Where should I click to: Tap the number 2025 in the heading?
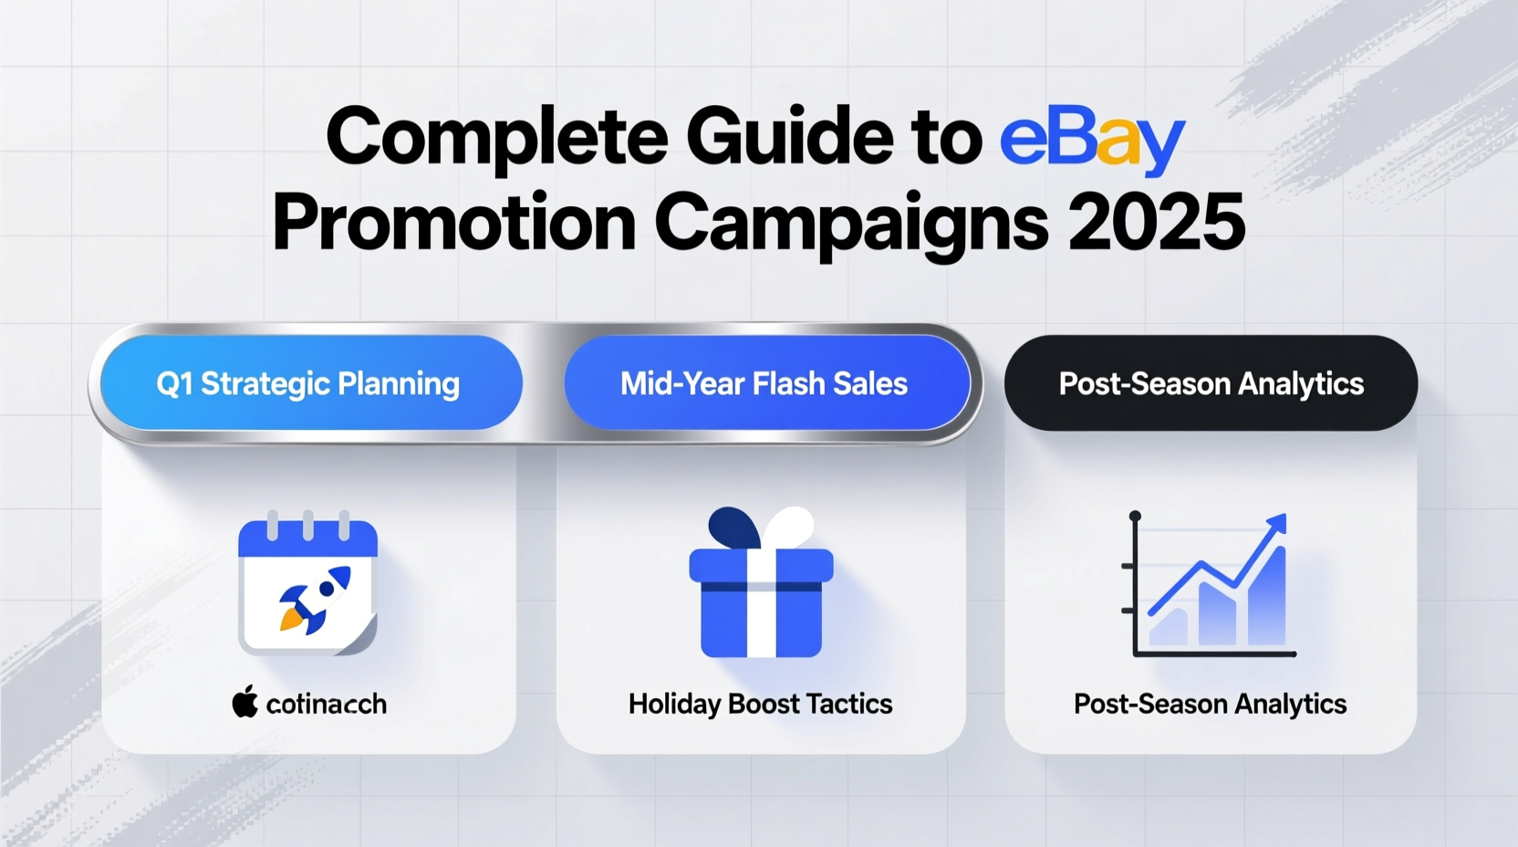(x=1156, y=223)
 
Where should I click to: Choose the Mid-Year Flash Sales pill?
(x=764, y=383)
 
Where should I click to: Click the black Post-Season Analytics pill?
(x=1211, y=383)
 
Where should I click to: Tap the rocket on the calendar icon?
(x=316, y=599)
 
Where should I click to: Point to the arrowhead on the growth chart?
(x=1278, y=524)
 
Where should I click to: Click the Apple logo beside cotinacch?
(x=244, y=703)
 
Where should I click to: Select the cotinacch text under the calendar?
(x=327, y=705)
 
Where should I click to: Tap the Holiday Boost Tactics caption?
(x=760, y=705)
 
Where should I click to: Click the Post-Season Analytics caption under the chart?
(x=1210, y=705)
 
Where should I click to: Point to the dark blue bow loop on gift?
(x=733, y=527)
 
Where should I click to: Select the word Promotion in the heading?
(x=454, y=225)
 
